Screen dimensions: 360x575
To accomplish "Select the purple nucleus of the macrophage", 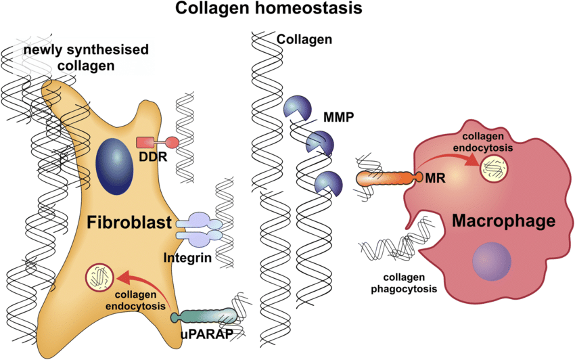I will point(492,262).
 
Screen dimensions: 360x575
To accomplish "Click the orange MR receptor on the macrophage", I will point(384,178).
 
